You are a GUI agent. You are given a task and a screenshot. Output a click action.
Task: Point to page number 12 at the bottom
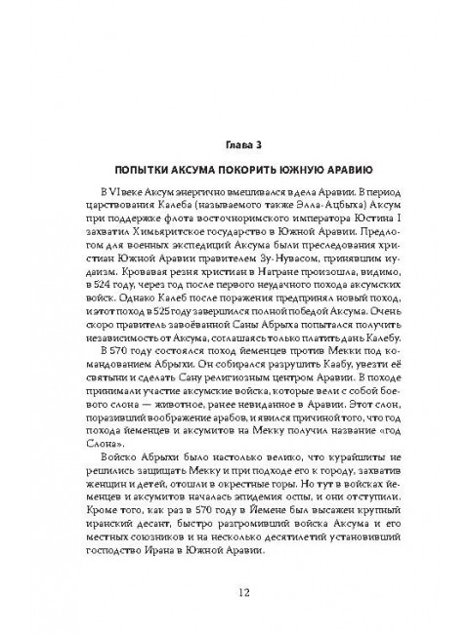pos(234,591)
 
